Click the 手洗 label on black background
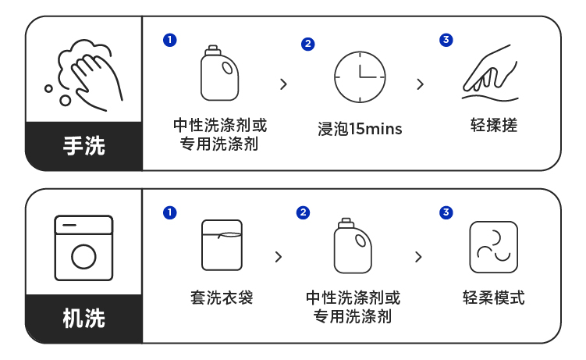tap(84, 145)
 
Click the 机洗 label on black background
tap(84, 318)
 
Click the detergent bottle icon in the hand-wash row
tap(219, 74)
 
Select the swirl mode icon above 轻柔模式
tap(493, 247)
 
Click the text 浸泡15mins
tap(360, 129)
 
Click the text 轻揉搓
tap(494, 125)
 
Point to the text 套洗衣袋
tap(222, 298)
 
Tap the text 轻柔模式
tap(493, 298)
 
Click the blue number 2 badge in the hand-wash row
tap(308, 44)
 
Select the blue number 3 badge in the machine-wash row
tap(446, 212)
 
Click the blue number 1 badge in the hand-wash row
tap(169, 39)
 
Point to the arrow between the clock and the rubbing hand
tap(421, 84)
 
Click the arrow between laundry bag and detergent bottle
tap(279, 256)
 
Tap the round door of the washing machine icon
tap(83, 255)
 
